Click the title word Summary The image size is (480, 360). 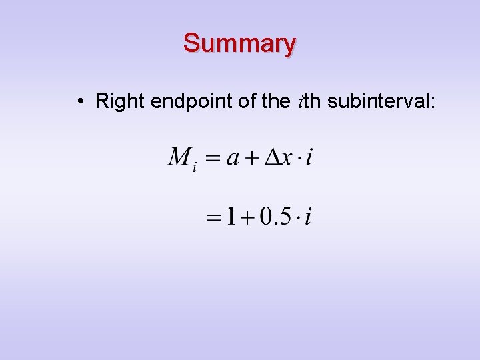click(x=239, y=43)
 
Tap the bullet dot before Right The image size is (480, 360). click(x=79, y=102)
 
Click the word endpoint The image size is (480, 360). click(x=191, y=102)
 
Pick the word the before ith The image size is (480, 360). click(x=276, y=101)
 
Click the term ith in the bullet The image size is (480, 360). click(x=310, y=101)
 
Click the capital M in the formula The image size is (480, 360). click(x=179, y=157)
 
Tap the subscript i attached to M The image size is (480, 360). click(x=194, y=167)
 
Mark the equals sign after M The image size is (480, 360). click(x=212, y=159)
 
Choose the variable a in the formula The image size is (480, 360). click(x=233, y=159)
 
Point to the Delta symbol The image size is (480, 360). click(x=273, y=157)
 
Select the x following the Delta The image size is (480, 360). click(x=289, y=159)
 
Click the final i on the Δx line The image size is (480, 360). click(x=310, y=157)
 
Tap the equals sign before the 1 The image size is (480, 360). click(x=214, y=217)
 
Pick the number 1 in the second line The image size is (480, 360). click(x=231, y=216)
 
